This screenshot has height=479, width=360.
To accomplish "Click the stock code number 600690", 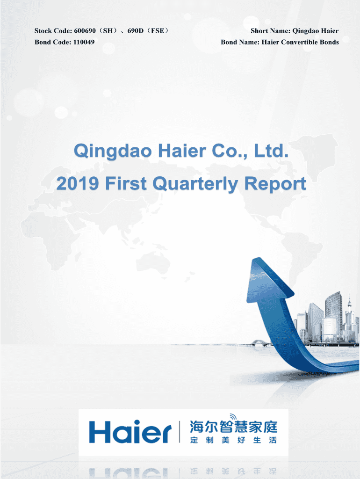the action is [x=85, y=31].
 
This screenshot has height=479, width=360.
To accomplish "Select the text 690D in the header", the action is [x=135, y=31].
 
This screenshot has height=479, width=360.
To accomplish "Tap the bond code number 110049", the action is [x=84, y=42].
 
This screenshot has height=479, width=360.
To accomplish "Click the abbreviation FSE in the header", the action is [x=158, y=31].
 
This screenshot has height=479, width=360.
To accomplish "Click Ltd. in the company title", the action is [x=271, y=151].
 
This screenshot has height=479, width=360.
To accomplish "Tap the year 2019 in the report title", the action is [x=78, y=183].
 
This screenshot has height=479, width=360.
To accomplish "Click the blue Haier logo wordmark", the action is [x=130, y=431].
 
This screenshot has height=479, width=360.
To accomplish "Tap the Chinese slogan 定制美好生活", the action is [x=233, y=440].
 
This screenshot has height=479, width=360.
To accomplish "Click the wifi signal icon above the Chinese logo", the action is [x=233, y=417].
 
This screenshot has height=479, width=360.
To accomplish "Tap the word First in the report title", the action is [x=125, y=183].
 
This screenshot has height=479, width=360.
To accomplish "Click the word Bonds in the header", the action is [x=329, y=42].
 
